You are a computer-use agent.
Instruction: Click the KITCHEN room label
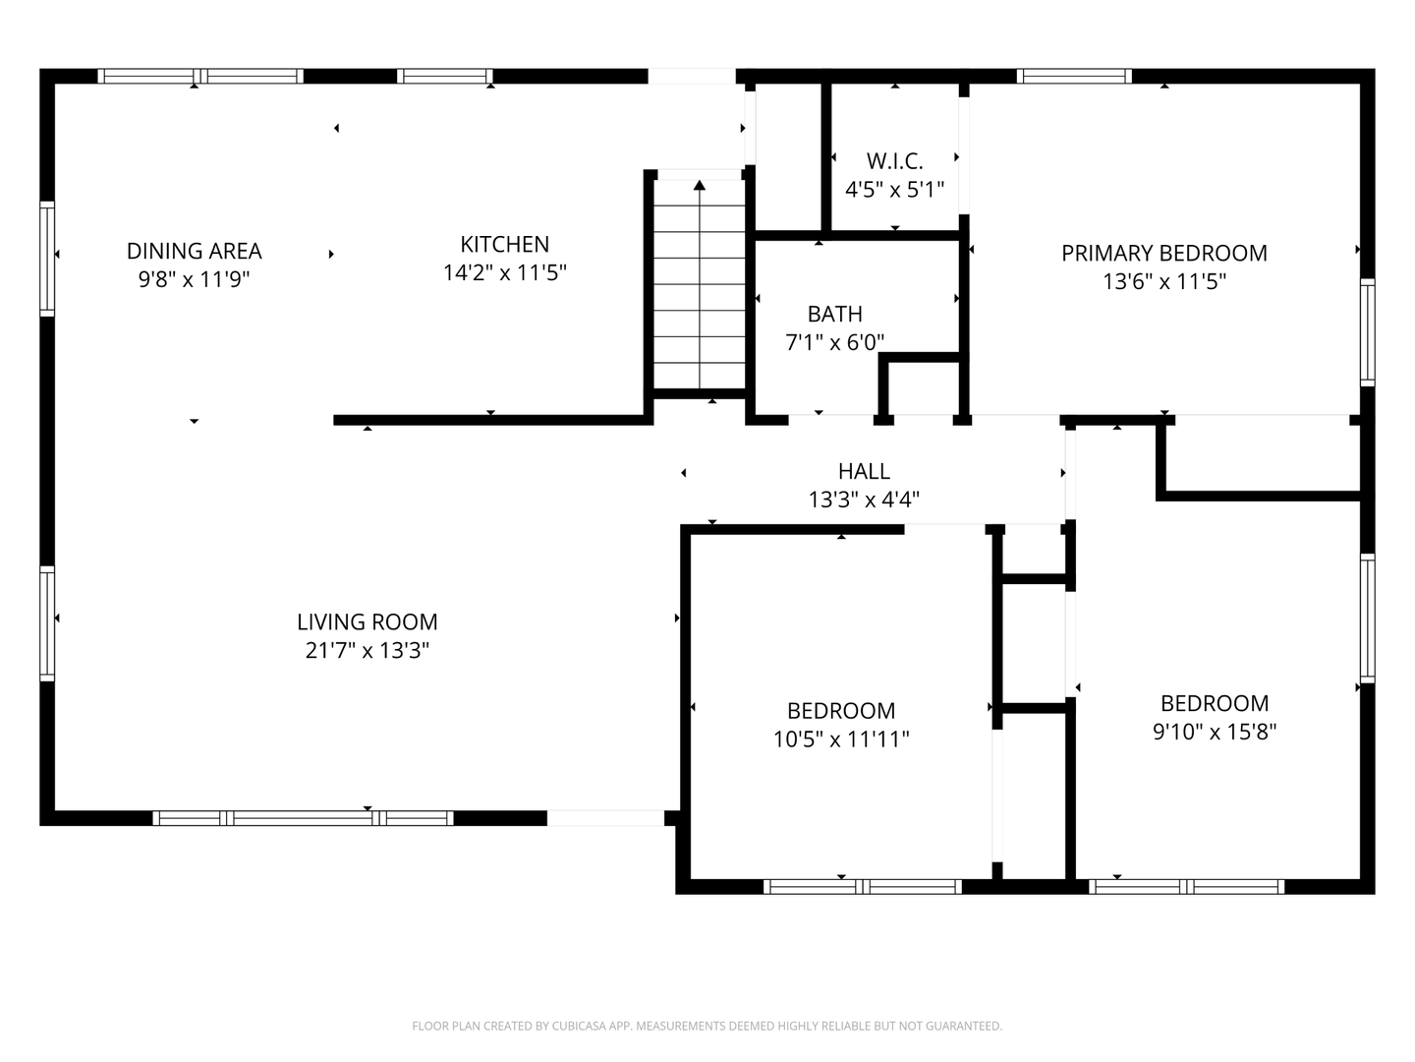504,245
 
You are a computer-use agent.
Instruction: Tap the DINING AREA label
194,251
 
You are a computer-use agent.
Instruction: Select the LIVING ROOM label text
368,622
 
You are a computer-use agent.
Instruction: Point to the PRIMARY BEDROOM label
1164,254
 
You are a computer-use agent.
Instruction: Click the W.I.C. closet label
895,160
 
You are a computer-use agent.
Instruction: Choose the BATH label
835,314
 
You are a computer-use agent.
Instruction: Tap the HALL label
864,471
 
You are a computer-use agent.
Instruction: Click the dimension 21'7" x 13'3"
368,651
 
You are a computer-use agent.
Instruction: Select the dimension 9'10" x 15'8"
1215,732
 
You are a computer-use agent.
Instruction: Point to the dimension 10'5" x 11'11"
841,738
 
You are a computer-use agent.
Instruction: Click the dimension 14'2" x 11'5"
504,272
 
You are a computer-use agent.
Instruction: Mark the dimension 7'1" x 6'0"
835,342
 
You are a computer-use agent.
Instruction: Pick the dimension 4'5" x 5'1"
895,190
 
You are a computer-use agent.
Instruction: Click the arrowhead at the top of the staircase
700,185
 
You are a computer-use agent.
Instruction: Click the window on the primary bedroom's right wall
1367,332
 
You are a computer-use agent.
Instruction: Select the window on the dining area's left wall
47,259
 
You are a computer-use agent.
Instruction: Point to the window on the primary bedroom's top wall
1074,76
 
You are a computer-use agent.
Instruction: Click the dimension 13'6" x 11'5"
1164,282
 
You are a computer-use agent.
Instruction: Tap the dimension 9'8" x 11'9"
194,279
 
